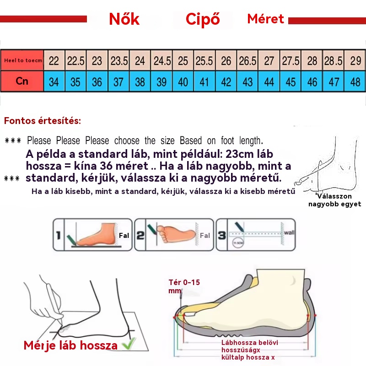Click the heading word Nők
[124, 19]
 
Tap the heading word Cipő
[203, 19]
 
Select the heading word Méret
[265, 19]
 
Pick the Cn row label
[22, 81]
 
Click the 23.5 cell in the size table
[119, 61]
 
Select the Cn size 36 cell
[97, 82]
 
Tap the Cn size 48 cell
[355, 82]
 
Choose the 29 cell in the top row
[355, 61]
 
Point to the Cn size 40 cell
[183, 82]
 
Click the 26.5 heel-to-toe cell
[248, 61]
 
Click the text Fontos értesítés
[43, 121]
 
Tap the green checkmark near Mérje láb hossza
[130, 344]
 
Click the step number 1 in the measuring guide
[59, 235]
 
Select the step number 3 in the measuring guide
[222, 235]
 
